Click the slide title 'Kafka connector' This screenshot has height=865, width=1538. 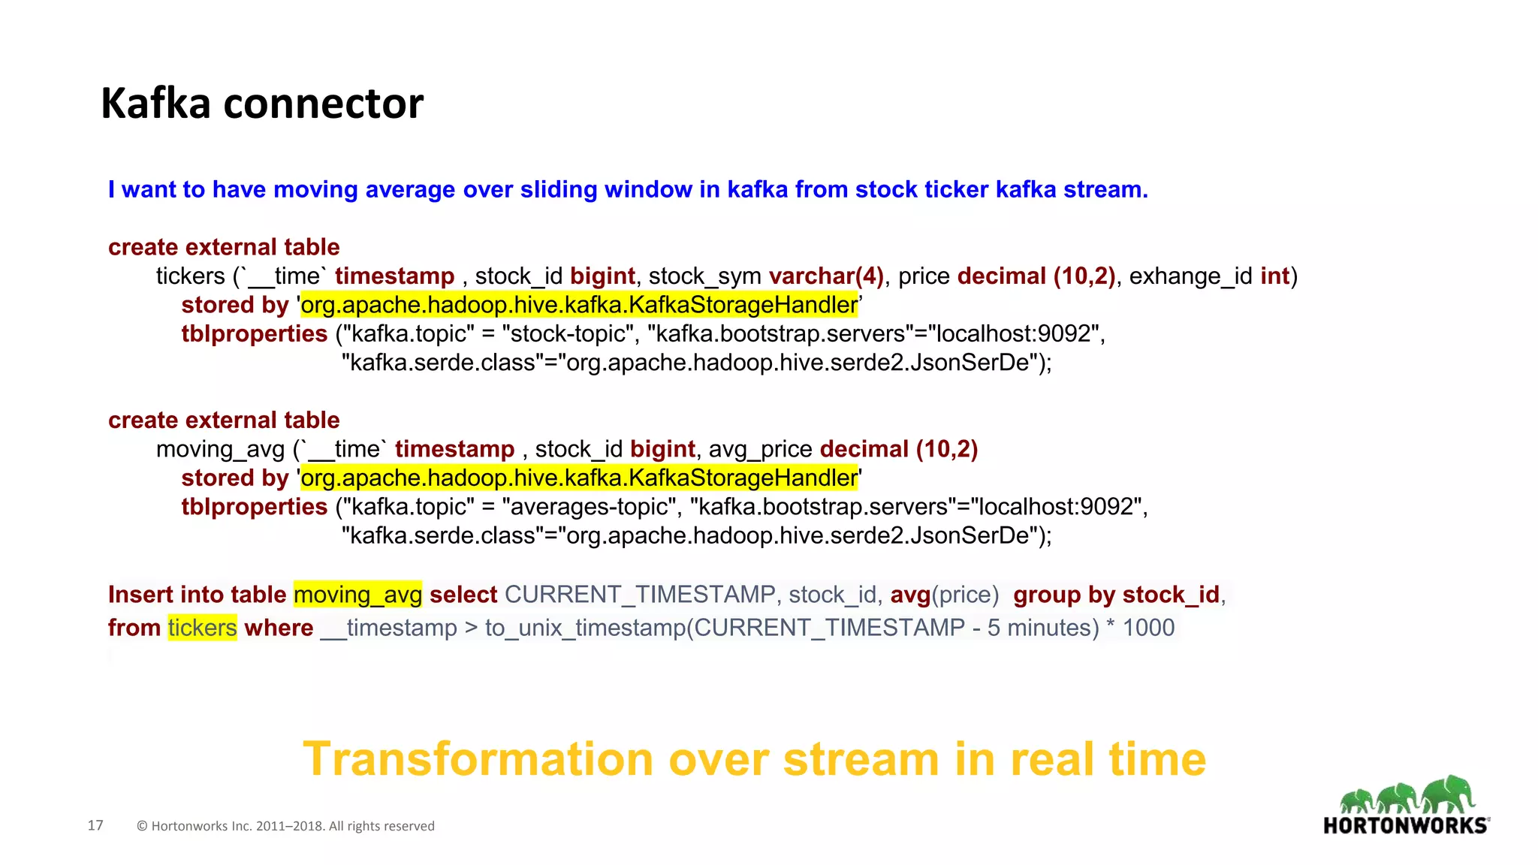coord(262,104)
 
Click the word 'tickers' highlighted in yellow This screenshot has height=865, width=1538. coord(202,628)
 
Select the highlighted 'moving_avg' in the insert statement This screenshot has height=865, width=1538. coord(357,595)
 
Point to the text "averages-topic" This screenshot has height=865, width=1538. coord(590,507)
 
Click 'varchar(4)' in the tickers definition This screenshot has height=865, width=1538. coord(826,276)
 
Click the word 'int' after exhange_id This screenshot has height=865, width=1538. coord(1274,276)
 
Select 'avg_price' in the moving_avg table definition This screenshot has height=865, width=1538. coord(760,449)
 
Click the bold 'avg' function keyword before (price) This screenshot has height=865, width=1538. coord(910,595)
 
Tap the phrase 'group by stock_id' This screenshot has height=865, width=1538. coord(1116,595)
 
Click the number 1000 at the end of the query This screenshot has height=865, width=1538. coord(1148,628)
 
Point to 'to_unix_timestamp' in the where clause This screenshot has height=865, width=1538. coord(585,628)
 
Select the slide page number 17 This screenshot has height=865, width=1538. coord(95,825)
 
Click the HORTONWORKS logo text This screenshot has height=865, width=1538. coord(1405,826)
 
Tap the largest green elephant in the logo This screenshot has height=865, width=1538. coord(1449,795)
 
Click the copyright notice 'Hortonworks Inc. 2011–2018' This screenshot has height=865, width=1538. coord(285,826)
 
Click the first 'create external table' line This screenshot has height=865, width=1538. coord(224,247)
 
